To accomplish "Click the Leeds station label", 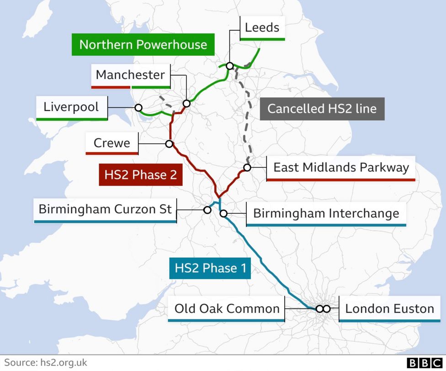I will click(262, 27).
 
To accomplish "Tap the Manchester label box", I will click(130, 74).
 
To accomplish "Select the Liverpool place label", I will click(71, 107).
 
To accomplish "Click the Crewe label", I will click(111, 143).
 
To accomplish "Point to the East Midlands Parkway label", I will click(340, 167).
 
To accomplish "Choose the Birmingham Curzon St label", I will click(105, 210).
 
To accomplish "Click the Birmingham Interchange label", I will click(326, 213).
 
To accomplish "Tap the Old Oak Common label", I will click(227, 308).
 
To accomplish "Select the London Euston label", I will click(389, 308).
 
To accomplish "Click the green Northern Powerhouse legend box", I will click(143, 45).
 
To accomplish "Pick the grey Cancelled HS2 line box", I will click(322, 109).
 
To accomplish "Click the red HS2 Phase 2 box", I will click(140, 175).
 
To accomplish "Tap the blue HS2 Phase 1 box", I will click(210, 268).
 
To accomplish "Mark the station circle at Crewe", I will click(169, 144).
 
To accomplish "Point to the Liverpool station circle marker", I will click(138, 107).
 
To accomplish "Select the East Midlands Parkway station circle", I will click(247, 168).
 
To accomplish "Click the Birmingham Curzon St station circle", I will click(207, 210).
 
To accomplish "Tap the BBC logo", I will click(425, 363).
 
